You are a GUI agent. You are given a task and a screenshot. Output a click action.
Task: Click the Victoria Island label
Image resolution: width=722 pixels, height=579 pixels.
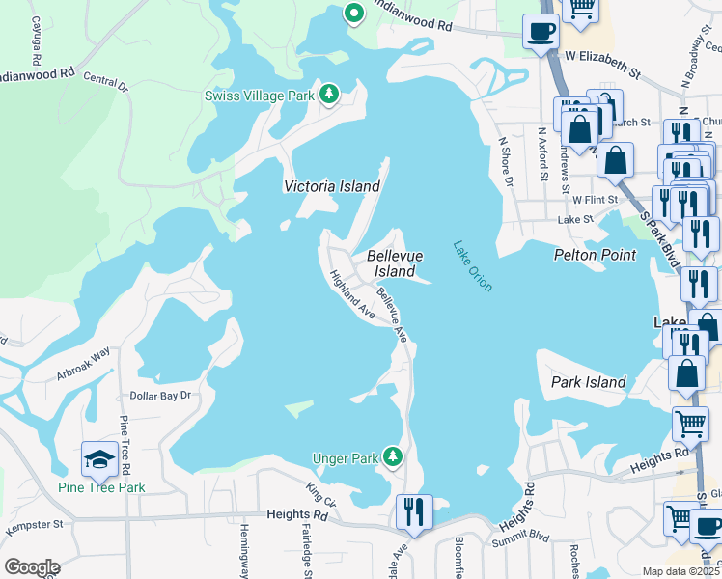point(331,186)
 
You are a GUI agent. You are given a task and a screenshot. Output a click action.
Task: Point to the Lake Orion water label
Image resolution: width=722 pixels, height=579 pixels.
point(473,266)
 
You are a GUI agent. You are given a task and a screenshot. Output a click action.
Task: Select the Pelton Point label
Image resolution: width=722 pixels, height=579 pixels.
point(595,255)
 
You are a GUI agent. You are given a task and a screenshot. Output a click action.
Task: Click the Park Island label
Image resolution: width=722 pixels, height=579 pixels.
point(589,382)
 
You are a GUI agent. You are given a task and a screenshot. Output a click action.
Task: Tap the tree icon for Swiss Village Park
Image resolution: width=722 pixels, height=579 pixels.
point(330,94)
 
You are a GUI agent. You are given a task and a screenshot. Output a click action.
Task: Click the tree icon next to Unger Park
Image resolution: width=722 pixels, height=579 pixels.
point(392,455)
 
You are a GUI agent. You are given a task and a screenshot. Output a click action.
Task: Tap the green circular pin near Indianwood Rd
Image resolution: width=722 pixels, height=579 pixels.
point(353,14)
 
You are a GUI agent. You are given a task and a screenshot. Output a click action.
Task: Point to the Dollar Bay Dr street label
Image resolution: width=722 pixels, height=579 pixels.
point(160,396)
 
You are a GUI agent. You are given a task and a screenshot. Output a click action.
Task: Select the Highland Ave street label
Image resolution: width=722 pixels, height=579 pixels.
point(351,293)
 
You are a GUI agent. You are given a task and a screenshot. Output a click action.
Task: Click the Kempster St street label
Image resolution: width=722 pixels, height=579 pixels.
point(34,526)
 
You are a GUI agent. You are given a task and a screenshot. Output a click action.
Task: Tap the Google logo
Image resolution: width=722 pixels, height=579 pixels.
point(32,566)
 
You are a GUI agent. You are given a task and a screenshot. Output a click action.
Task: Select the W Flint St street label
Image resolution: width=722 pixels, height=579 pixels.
point(594,200)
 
